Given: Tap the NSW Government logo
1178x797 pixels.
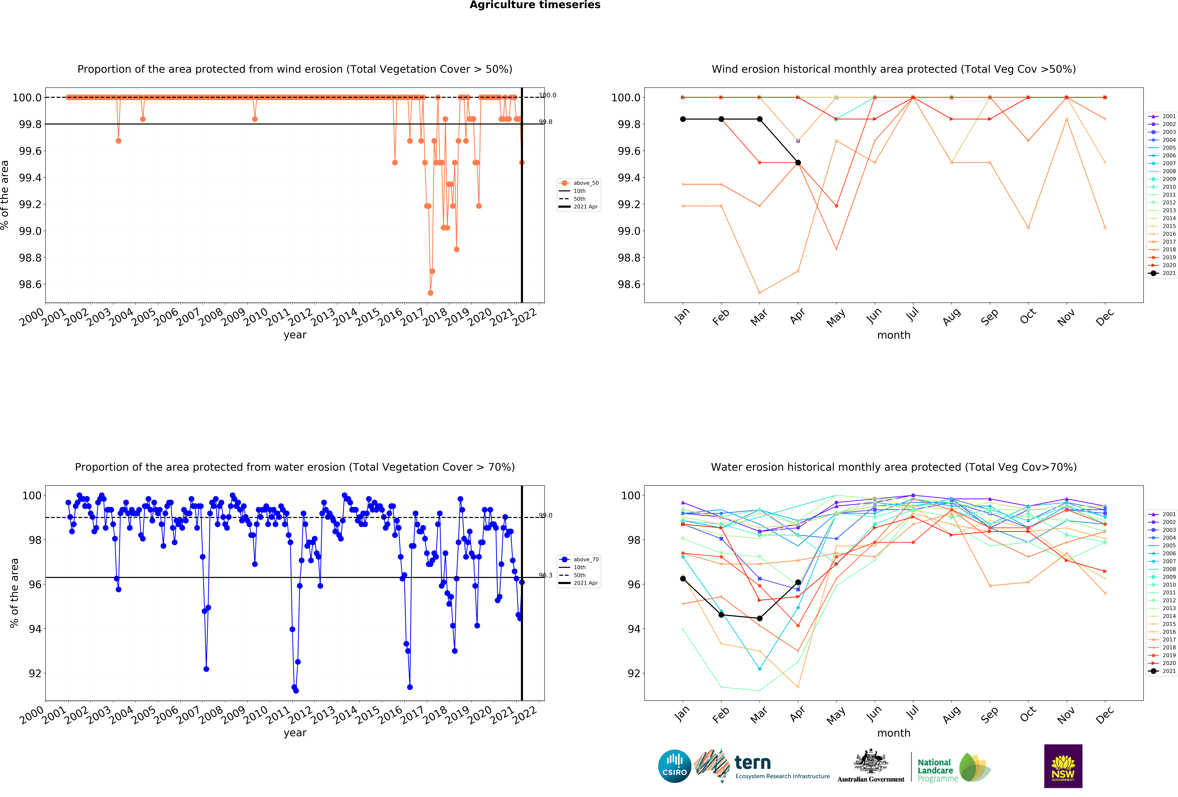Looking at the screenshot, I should coord(1063,766).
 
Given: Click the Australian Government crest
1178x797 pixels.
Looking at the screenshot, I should coord(870,762).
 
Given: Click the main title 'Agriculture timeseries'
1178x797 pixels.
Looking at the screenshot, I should coord(535,5).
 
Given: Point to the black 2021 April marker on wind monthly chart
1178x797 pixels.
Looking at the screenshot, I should coord(798,163).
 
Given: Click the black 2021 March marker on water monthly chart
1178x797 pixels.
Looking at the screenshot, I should coord(759,618).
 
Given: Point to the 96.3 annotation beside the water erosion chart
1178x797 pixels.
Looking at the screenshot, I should coord(545,575).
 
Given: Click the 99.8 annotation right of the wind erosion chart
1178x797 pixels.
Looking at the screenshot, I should coord(545,122).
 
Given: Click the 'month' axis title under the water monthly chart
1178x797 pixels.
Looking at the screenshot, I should coord(894,733).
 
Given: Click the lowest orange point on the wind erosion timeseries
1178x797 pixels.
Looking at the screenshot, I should coord(430,293).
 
